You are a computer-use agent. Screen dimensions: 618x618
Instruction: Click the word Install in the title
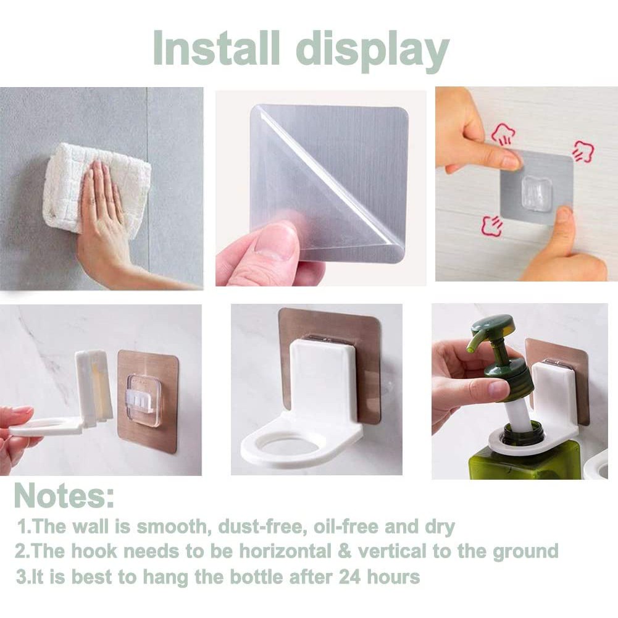[x=216, y=49]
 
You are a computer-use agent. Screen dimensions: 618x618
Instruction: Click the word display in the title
[x=372, y=52]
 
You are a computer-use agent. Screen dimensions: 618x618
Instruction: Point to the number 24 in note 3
[x=349, y=577]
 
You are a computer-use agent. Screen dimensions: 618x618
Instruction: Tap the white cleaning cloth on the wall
[x=96, y=189]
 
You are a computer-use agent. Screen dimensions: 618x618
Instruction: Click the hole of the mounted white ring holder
[x=283, y=446]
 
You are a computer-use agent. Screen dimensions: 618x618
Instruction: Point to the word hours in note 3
[x=393, y=577]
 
